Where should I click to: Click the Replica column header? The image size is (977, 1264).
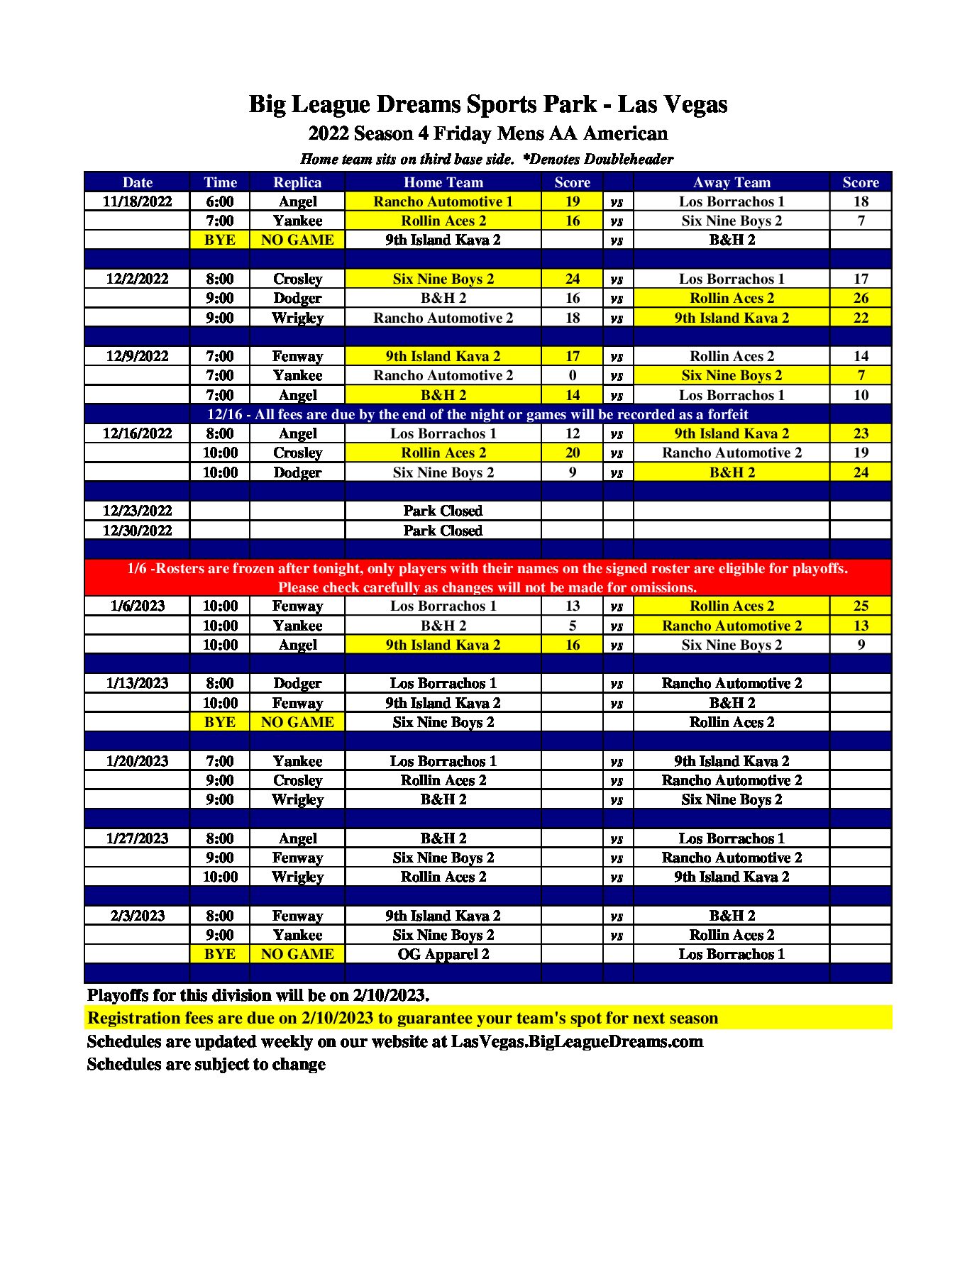pyautogui.click(x=297, y=182)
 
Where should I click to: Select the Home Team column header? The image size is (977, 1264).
pyautogui.click(x=443, y=182)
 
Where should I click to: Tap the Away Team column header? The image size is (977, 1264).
pyautogui.click(x=731, y=182)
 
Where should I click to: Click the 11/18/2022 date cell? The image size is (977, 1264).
pyautogui.click(x=137, y=201)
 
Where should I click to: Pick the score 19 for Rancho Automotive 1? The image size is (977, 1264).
pyautogui.click(x=572, y=201)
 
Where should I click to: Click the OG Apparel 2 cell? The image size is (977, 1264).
pyautogui.click(x=443, y=954)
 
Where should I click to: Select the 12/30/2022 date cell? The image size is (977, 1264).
pyautogui.click(x=137, y=531)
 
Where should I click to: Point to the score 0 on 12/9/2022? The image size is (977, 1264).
pyautogui.click(x=572, y=375)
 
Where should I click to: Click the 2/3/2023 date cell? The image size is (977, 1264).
pyautogui.click(x=137, y=916)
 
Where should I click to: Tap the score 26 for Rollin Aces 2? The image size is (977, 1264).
pyautogui.click(x=860, y=298)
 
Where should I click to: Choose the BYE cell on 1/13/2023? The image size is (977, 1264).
pyautogui.click(x=220, y=722)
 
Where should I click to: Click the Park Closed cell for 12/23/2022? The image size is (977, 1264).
pyautogui.click(x=443, y=511)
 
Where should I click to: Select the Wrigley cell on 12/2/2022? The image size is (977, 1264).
pyautogui.click(x=297, y=318)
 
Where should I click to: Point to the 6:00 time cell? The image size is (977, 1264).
pyautogui.click(x=220, y=201)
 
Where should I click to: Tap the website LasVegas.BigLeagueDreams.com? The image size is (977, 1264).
pyautogui.click(x=577, y=1041)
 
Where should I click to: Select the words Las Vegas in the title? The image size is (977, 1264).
pyautogui.click(x=672, y=104)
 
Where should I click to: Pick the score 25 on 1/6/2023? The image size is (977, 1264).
pyautogui.click(x=860, y=606)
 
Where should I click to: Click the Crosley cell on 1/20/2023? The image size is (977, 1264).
pyautogui.click(x=297, y=780)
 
